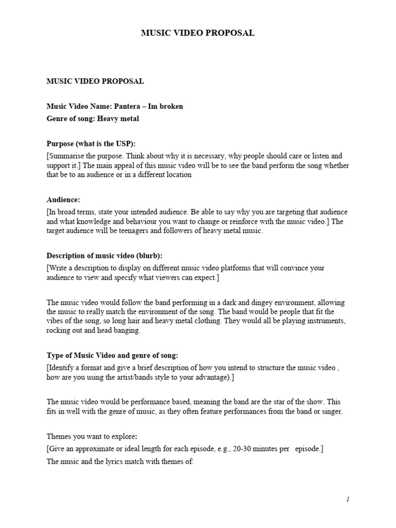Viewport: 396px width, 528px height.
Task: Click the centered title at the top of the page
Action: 198,33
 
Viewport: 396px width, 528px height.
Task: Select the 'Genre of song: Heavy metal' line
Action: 93,119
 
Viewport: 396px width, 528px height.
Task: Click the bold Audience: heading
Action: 63,200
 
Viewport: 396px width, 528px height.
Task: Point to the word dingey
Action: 235,303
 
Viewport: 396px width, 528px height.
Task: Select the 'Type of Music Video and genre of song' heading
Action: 112,356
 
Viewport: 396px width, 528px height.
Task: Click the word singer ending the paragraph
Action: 331,411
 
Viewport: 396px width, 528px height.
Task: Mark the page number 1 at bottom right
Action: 348,499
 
